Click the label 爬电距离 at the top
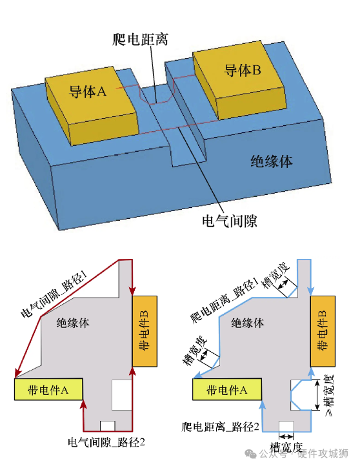(x=140, y=39)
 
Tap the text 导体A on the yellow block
(x=87, y=91)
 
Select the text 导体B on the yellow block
(x=243, y=70)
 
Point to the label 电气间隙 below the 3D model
(x=230, y=221)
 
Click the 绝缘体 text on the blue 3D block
(x=272, y=161)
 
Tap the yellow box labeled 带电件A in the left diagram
(x=48, y=389)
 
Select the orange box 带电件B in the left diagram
(x=145, y=331)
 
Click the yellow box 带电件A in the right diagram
(x=227, y=389)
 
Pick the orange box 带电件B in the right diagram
(x=323, y=331)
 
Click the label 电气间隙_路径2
(x=106, y=442)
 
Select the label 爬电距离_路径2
(x=220, y=427)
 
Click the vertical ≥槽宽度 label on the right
(x=328, y=396)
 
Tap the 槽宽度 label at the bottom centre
(x=286, y=447)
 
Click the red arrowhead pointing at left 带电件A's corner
(x=17, y=373)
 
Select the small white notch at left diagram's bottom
(x=107, y=426)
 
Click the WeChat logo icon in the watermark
(x=250, y=454)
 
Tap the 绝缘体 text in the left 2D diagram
(x=73, y=323)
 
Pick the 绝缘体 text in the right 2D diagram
(x=247, y=323)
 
